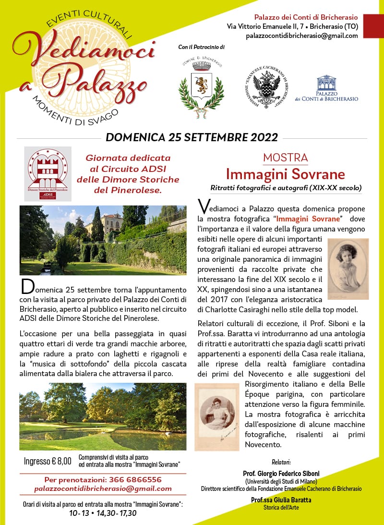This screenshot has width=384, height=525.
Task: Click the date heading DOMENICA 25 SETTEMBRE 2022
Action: tap(192, 137)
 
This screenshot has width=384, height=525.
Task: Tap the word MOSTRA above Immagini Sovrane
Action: tap(285, 158)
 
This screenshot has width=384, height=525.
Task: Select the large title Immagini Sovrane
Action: tap(285, 173)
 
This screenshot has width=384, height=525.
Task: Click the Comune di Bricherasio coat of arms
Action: tap(201, 86)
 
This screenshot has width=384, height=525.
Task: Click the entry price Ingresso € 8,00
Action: tap(48, 461)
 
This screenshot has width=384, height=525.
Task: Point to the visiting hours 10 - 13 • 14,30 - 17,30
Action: tap(103, 513)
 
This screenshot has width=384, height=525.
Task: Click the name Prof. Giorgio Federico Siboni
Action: tap(281, 474)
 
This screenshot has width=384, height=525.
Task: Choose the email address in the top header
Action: tap(301, 36)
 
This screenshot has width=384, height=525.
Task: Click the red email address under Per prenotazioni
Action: tap(103, 488)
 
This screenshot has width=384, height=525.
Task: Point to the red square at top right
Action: tap(373, 26)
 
